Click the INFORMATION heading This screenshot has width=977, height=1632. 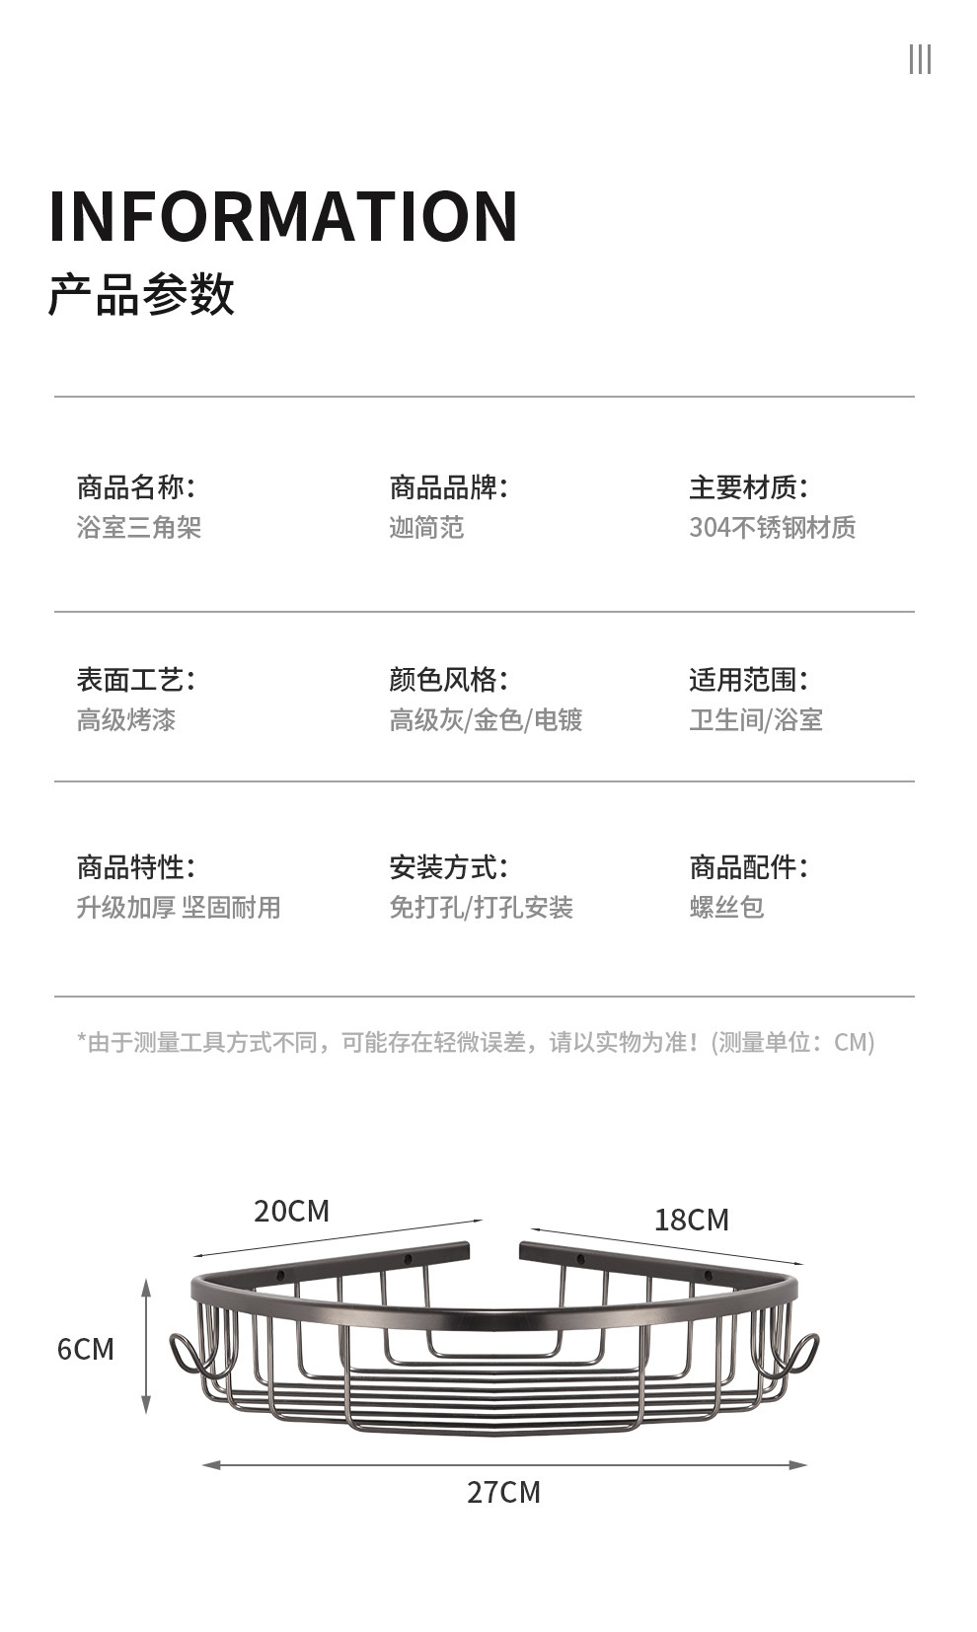[283, 216]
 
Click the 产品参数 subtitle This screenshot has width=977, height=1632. [141, 294]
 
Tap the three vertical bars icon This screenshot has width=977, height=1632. [920, 59]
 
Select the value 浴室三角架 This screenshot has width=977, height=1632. [139, 528]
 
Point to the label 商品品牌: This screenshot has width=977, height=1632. [448, 487]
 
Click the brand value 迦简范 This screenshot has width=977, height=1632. [426, 528]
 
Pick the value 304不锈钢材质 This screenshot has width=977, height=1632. [772, 528]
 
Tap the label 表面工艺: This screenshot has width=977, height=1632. [136, 680]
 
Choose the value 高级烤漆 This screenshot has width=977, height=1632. [126, 720]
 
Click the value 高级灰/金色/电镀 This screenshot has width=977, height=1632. [486, 720]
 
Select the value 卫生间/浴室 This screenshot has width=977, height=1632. [756, 720]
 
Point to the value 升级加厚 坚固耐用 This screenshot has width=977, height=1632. [179, 908]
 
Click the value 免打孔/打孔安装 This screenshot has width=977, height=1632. [481, 908]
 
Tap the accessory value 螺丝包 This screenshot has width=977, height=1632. [726, 908]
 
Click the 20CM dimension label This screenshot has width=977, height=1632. [291, 1212]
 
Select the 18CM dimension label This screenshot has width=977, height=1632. [691, 1221]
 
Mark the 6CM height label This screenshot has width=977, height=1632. [86, 1350]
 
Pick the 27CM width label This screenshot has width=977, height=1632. [503, 1492]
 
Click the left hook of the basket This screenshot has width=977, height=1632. [188, 1355]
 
